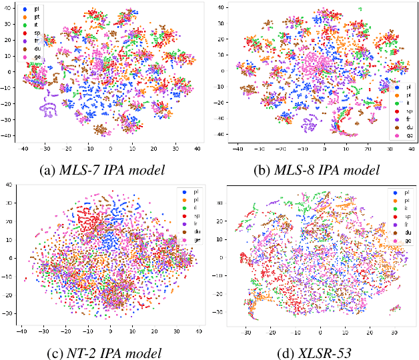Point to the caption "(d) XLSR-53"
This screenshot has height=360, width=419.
click(x=320, y=353)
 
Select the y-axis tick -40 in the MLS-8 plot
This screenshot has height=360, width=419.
click(x=220, y=135)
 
